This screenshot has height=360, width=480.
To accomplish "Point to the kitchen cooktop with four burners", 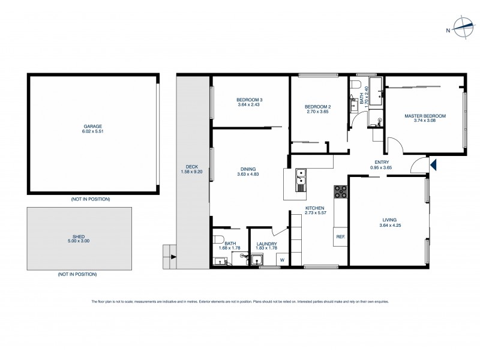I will tap(341, 191).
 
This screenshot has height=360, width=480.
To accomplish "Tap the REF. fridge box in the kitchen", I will tap(340, 237).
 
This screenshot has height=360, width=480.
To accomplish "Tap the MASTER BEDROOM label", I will tap(425, 116).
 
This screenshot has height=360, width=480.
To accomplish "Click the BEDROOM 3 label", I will tap(249, 100).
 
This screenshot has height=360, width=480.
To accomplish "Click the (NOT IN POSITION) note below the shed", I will tap(77, 274).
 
